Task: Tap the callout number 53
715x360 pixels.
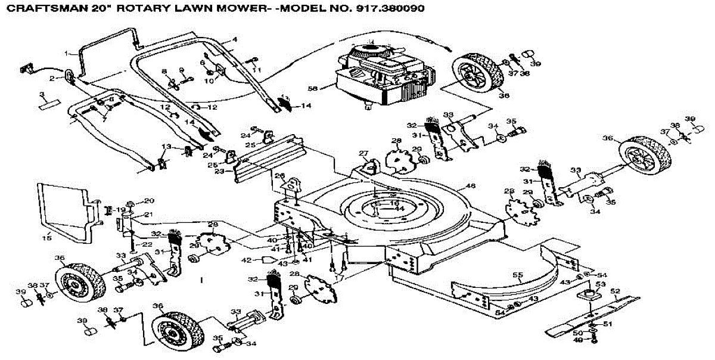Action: pos(600,285)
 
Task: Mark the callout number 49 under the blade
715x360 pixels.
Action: pos(577,340)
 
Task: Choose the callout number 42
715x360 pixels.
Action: pos(246,259)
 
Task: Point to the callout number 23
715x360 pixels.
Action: pos(219,172)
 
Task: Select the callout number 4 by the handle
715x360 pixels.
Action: pos(235,39)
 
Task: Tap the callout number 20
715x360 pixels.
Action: pos(148,200)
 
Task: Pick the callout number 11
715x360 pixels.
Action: pos(257,70)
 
